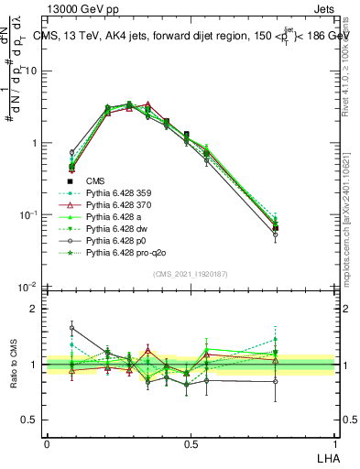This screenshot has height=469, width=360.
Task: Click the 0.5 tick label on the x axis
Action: [190, 443]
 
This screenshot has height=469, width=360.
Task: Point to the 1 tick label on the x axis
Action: [333, 443]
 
